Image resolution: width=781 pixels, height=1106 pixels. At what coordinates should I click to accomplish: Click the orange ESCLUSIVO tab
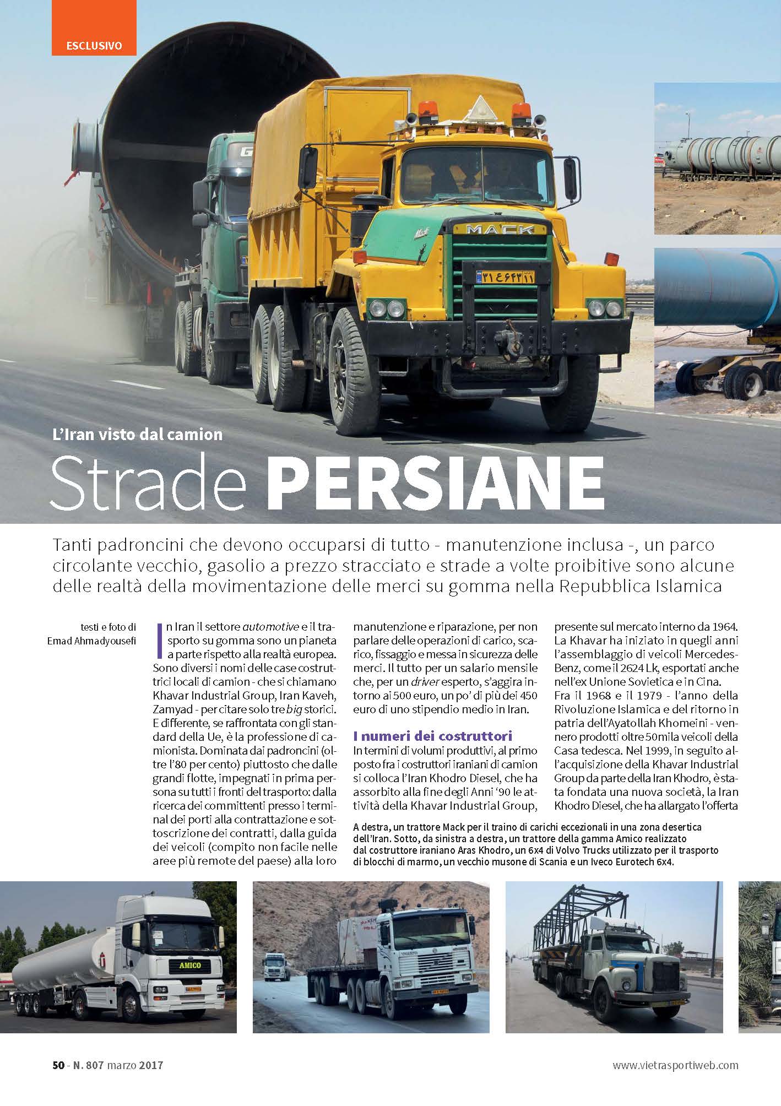94,45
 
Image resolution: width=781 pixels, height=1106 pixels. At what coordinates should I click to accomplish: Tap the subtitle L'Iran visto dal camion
138,435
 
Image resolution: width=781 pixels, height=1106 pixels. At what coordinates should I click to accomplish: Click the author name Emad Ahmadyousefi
91,640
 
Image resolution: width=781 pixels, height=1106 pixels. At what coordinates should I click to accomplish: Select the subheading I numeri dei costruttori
433,736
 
